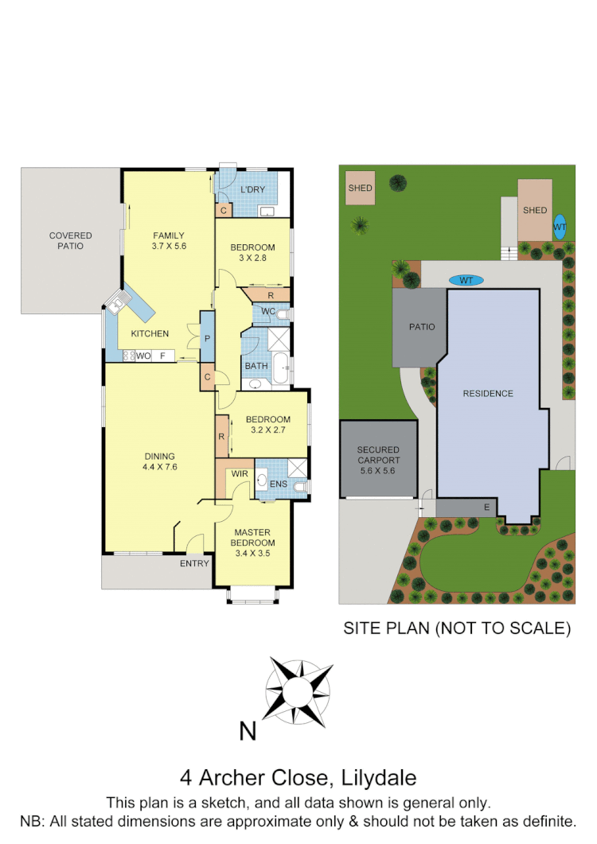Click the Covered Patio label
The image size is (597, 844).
point(71,240)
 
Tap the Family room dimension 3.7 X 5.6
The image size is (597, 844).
point(168,247)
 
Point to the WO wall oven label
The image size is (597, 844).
point(143,356)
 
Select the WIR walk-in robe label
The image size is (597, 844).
point(240,475)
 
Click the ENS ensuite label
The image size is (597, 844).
point(279,483)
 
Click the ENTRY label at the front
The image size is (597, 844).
point(194,563)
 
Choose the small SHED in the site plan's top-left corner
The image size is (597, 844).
point(361,189)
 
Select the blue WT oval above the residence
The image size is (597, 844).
point(466,280)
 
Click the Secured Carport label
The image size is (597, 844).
point(378,461)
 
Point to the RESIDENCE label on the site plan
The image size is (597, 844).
point(489,393)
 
